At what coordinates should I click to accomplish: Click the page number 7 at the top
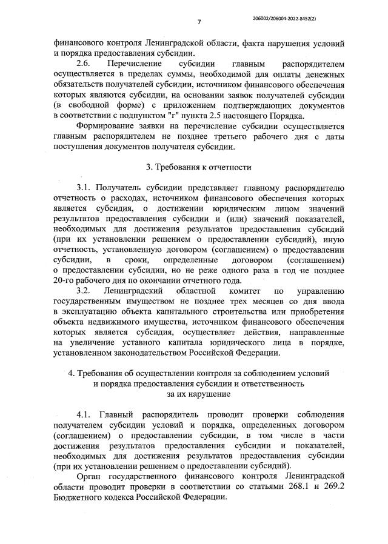pyautogui.click(x=198, y=22)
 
